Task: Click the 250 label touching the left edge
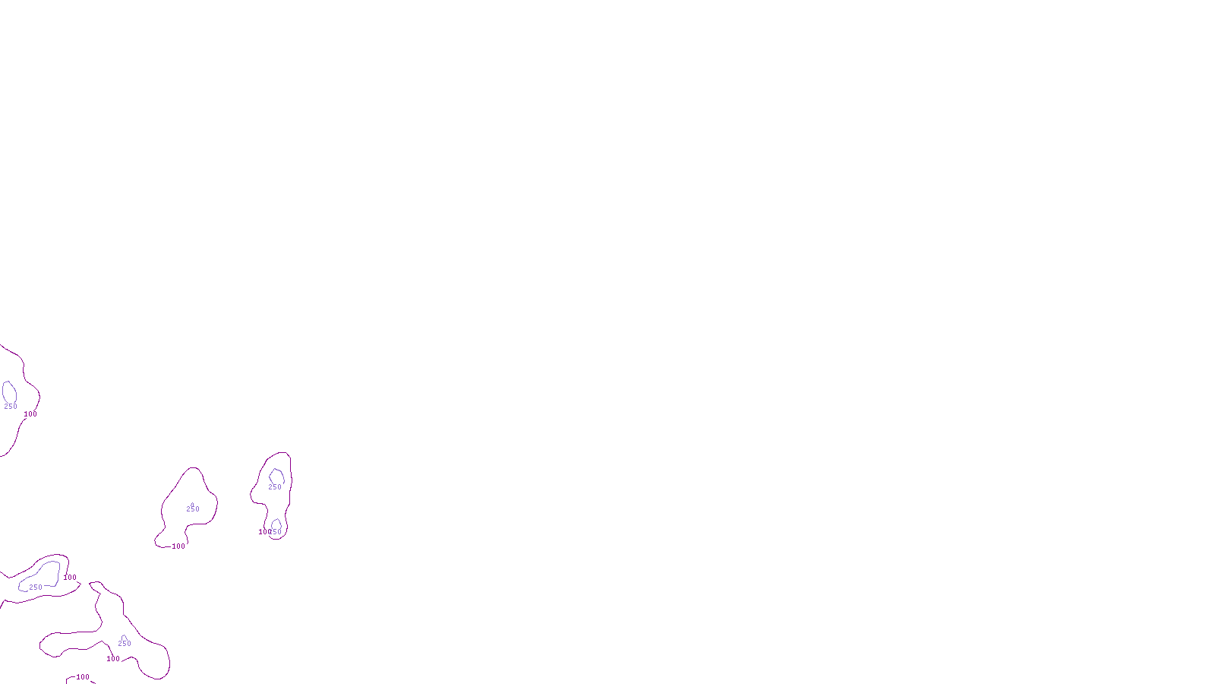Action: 11,407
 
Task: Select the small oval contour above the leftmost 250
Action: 9,392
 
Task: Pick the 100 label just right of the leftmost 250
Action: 30,414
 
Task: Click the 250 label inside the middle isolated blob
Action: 193,509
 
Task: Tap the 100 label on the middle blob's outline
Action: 178,546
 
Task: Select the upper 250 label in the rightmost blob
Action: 275,487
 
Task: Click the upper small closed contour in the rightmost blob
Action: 276,477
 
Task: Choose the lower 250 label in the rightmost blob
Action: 276,532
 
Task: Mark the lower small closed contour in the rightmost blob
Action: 276,524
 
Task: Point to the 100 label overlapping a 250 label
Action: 262,532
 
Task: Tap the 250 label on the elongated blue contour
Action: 36,587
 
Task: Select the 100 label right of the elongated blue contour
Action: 70,578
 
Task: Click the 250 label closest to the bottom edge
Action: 125,644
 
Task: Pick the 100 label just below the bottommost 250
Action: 113,659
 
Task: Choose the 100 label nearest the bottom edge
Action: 83,677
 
